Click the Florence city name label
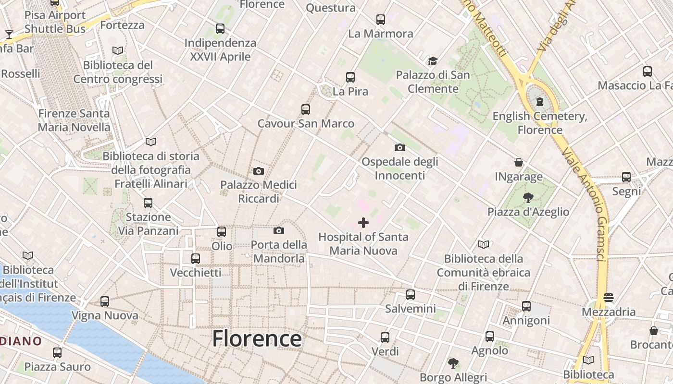[x=257, y=338]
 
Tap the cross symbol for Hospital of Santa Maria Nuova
[x=363, y=222]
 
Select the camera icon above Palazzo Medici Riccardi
[x=259, y=171]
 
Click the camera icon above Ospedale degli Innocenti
[x=399, y=147]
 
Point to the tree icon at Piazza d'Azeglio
[x=528, y=197]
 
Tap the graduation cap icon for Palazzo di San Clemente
[x=433, y=61]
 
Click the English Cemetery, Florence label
[x=540, y=123]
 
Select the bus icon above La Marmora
[x=381, y=20]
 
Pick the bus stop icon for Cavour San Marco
[x=306, y=109]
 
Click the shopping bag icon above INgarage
[x=519, y=162]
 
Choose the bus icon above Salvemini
[x=410, y=295]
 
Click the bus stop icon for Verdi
[x=385, y=337]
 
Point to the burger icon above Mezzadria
[x=609, y=298]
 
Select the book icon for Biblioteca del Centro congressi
[x=118, y=50]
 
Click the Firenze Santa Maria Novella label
[x=74, y=120]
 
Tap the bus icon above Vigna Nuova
[x=105, y=301]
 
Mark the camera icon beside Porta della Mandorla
[x=278, y=231]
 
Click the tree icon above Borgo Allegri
[x=453, y=363]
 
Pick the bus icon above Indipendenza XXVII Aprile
[x=220, y=29]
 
